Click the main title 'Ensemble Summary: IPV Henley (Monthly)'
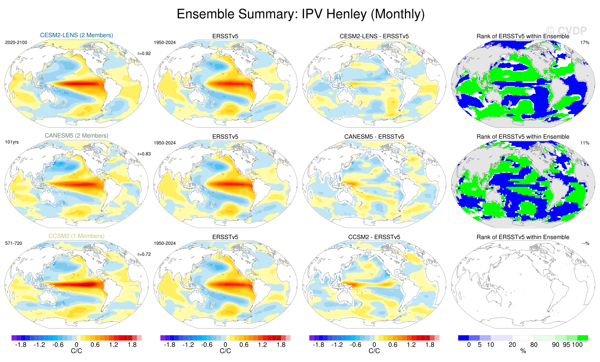(x=300, y=14)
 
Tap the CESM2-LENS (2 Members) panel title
(x=76, y=35)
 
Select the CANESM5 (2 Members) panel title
(x=76, y=136)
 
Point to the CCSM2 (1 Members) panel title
(x=76, y=236)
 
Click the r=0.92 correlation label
(x=144, y=53)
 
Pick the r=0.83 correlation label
(x=144, y=154)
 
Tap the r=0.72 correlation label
(x=144, y=254)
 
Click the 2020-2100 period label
(x=16, y=43)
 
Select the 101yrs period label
(x=12, y=142)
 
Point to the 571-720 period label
(x=14, y=243)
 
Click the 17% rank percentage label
(x=585, y=43)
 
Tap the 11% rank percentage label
(x=585, y=143)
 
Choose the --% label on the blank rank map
(x=586, y=243)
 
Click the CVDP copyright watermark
(x=566, y=31)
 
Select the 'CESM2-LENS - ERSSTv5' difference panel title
(x=374, y=36)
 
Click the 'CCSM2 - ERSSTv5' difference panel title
(x=374, y=237)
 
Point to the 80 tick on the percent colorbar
(x=534, y=345)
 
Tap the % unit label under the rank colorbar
(x=523, y=351)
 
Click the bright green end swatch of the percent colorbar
(x=583, y=338)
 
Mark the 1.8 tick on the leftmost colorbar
(x=132, y=345)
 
